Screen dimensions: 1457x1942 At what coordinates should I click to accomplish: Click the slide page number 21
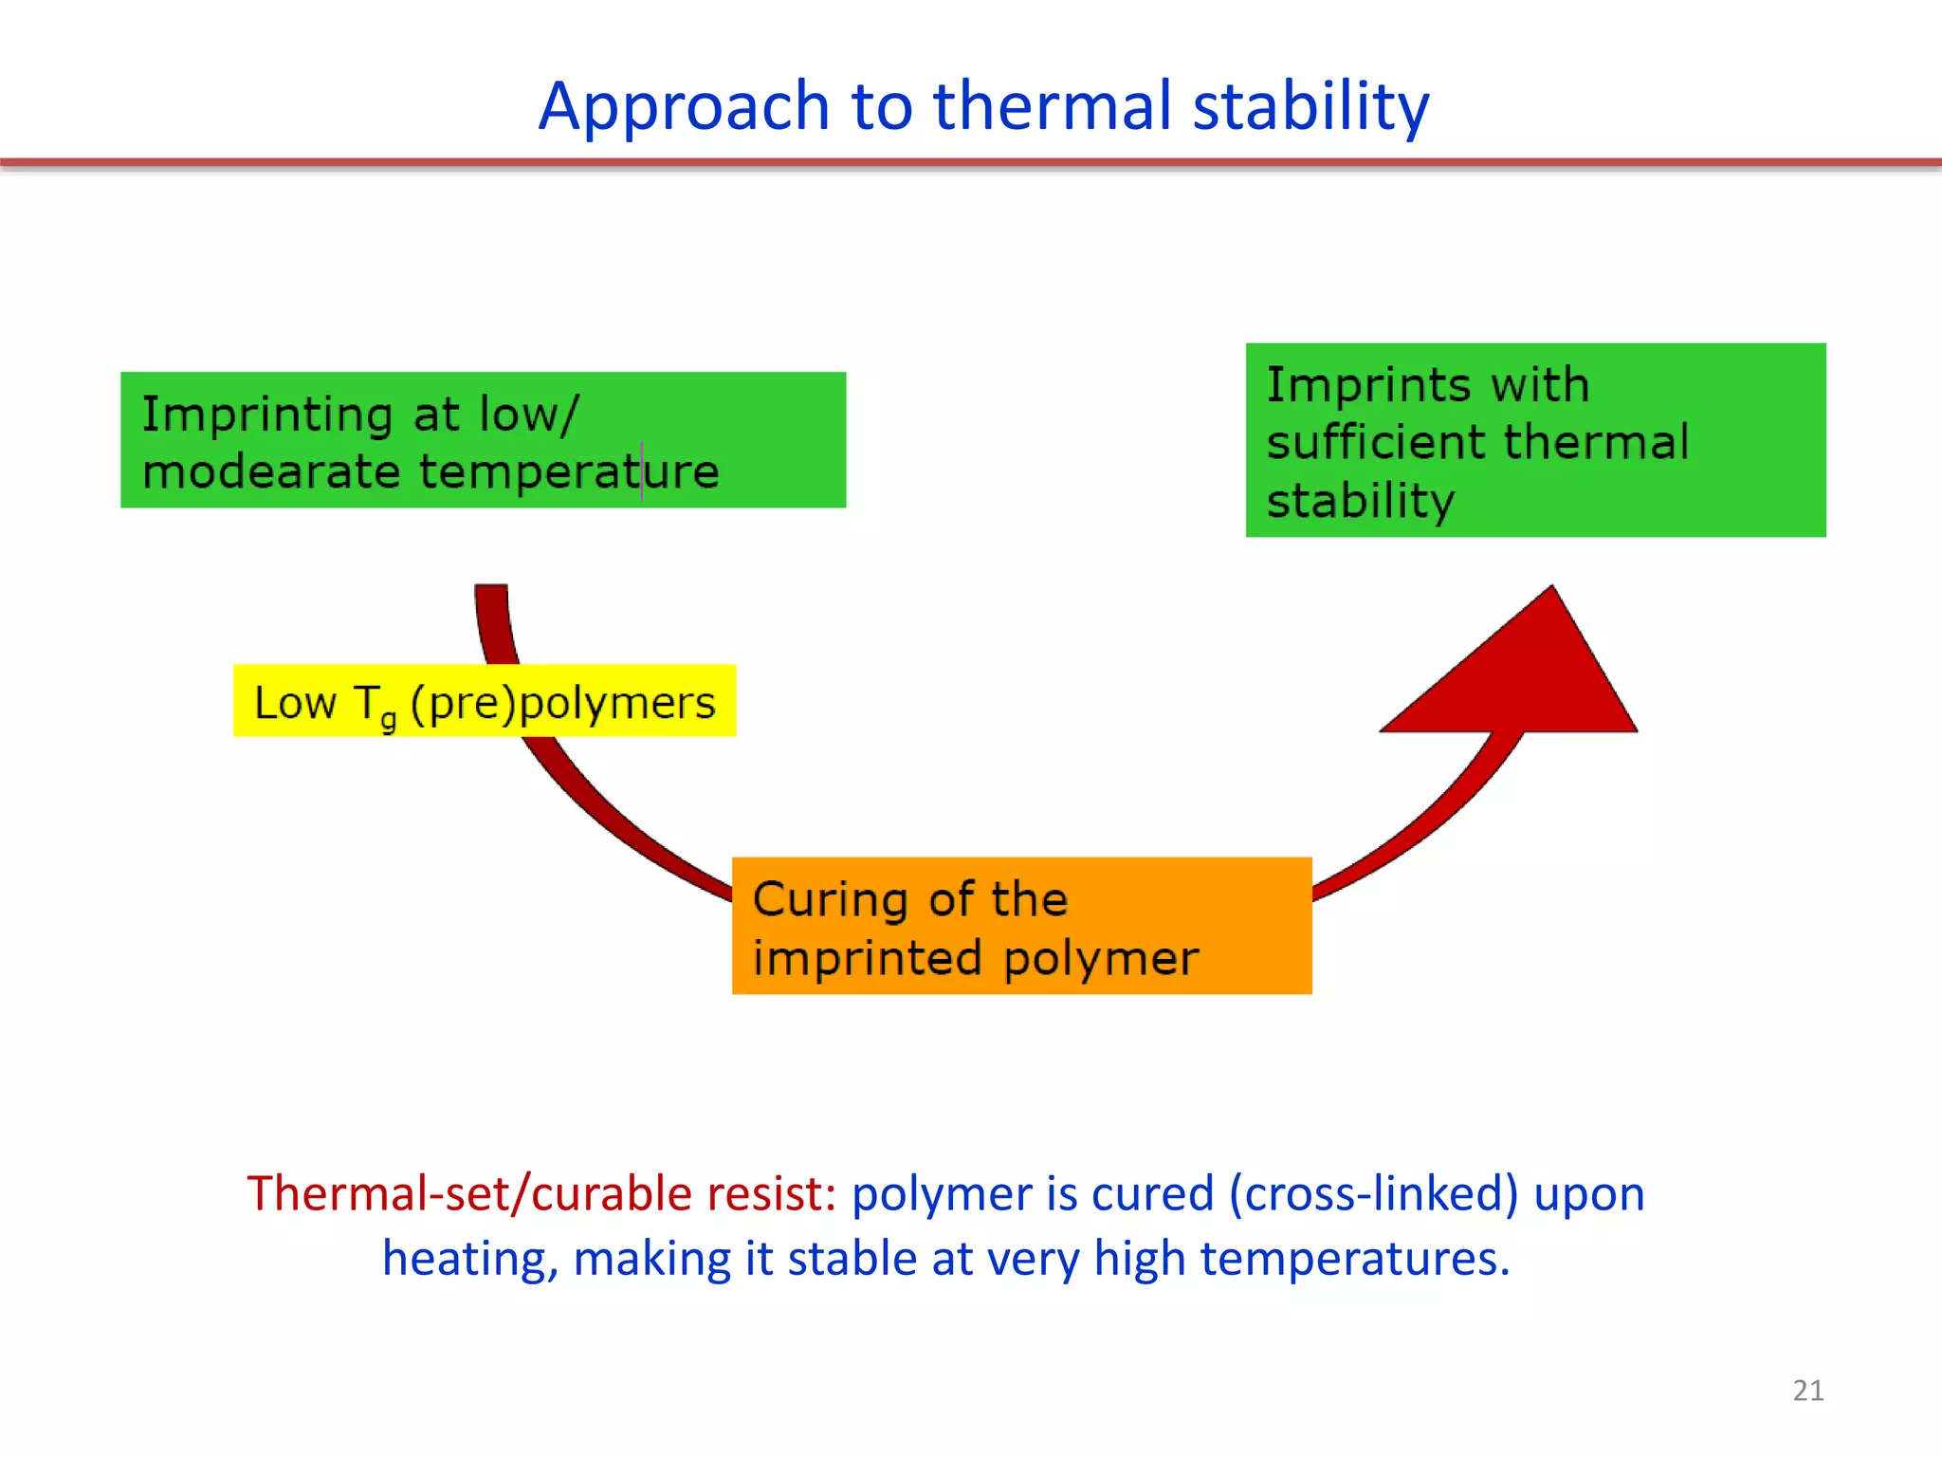(x=1807, y=1391)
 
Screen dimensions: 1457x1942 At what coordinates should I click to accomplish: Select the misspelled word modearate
(x=271, y=472)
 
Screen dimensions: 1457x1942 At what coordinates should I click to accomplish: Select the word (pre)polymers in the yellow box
(x=563, y=704)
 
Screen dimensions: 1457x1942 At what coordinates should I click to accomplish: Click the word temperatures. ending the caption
(x=1354, y=1260)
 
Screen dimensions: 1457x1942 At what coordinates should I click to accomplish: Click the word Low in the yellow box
(x=295, y=704)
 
